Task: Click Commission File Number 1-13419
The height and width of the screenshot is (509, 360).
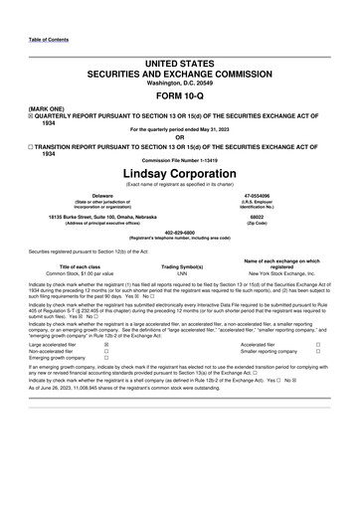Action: click(x=179, y=162)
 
